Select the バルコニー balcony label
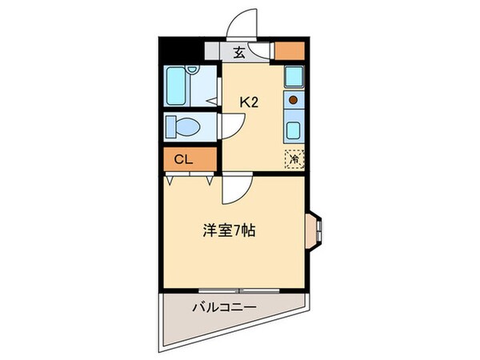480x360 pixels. click(224, 306)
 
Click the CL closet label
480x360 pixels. click(183, 159)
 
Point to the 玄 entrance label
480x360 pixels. click(238, 54)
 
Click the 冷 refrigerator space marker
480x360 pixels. click(293, 158)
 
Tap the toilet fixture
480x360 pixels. click(183, 126)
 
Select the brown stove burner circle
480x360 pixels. click(293, 101)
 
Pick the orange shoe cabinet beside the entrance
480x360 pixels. click(290, 50)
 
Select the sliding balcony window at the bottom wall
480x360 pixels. click(234, 289)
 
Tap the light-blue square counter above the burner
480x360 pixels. click(293, 78)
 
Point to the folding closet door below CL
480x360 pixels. click(190, 179)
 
